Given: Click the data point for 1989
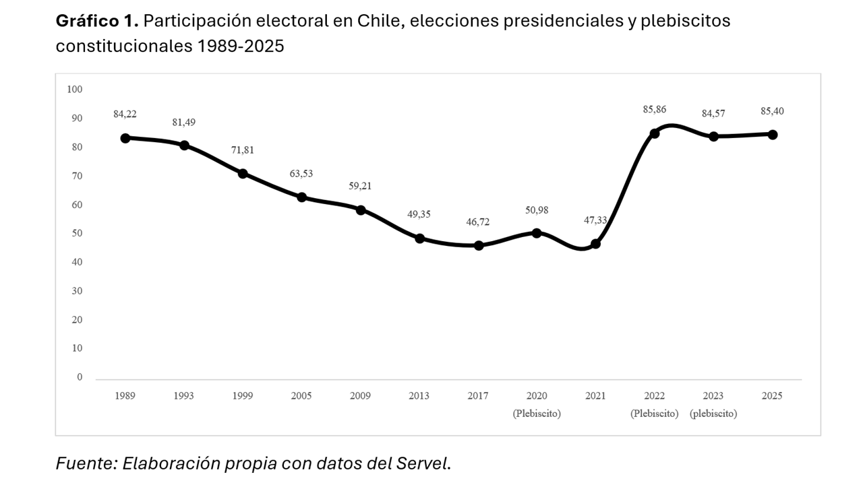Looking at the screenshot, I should point(125,138).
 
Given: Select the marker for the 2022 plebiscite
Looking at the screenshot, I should point(654,133).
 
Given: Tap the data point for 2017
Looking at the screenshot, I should point(478,246).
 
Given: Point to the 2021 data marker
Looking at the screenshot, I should point(595,244).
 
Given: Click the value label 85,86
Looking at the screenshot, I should point(654,109).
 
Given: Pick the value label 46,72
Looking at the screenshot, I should point(477,222).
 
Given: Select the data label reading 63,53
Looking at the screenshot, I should point(301,173).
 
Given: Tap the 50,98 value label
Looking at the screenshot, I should point(536,210).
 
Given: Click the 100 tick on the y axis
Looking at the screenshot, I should point(74,89).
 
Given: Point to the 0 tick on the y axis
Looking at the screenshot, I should point(80,377).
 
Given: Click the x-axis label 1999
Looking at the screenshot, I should point(242,396).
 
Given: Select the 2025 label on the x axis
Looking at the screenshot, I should point(771,396).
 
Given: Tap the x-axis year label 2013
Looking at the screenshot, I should point(419,396).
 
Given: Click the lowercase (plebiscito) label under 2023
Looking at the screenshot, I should point(713,414).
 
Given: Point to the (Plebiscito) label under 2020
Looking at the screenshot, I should point(536,414).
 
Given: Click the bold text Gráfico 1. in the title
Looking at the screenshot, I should point(97,21).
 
